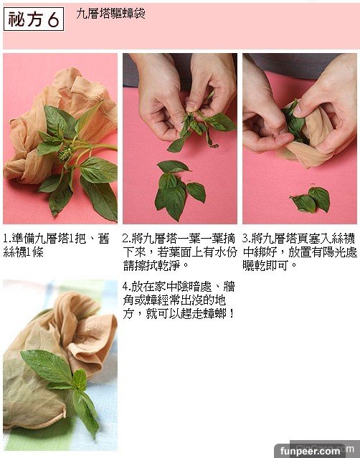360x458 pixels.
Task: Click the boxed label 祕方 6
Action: click(x=34, y=19)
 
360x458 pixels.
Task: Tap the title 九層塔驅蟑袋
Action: click(x=110, y=14)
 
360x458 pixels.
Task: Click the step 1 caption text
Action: click(x=57, y=245)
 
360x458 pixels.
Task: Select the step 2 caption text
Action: click(x=179, y=252)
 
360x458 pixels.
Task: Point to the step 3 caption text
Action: click(x=300, y=252)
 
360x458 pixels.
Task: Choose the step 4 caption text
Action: click(x=179, y=300)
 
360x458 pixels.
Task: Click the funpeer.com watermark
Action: click(x=310, y=451)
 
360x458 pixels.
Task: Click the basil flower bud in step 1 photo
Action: click(x=65, y=153)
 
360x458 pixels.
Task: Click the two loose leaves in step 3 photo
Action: click(x=312, y=200)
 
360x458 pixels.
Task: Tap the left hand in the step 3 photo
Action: click(x=263, y=117)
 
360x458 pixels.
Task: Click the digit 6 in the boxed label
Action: click(x=54, y=19)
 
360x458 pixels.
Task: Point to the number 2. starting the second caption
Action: click(x=127, y=239)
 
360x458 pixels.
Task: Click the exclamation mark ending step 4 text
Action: click(x=232, y=313)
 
